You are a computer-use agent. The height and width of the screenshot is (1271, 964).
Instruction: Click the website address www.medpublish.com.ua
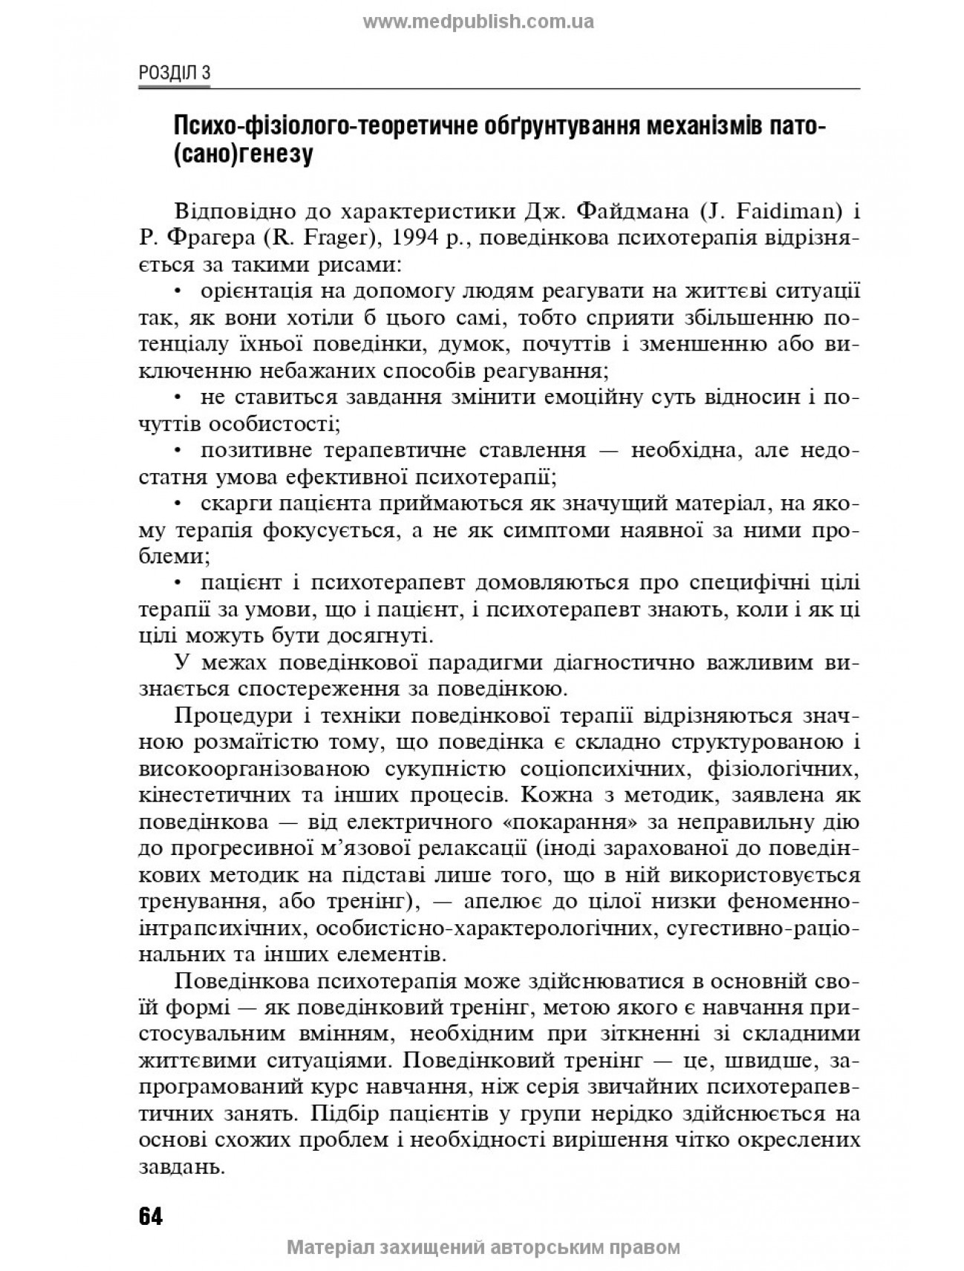coord(478,22)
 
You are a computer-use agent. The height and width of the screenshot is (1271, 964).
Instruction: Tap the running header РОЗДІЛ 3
coord(175,73)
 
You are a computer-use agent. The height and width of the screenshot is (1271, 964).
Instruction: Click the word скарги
coord(234,504)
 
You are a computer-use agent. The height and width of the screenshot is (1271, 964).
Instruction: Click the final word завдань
coord(181,1168)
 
